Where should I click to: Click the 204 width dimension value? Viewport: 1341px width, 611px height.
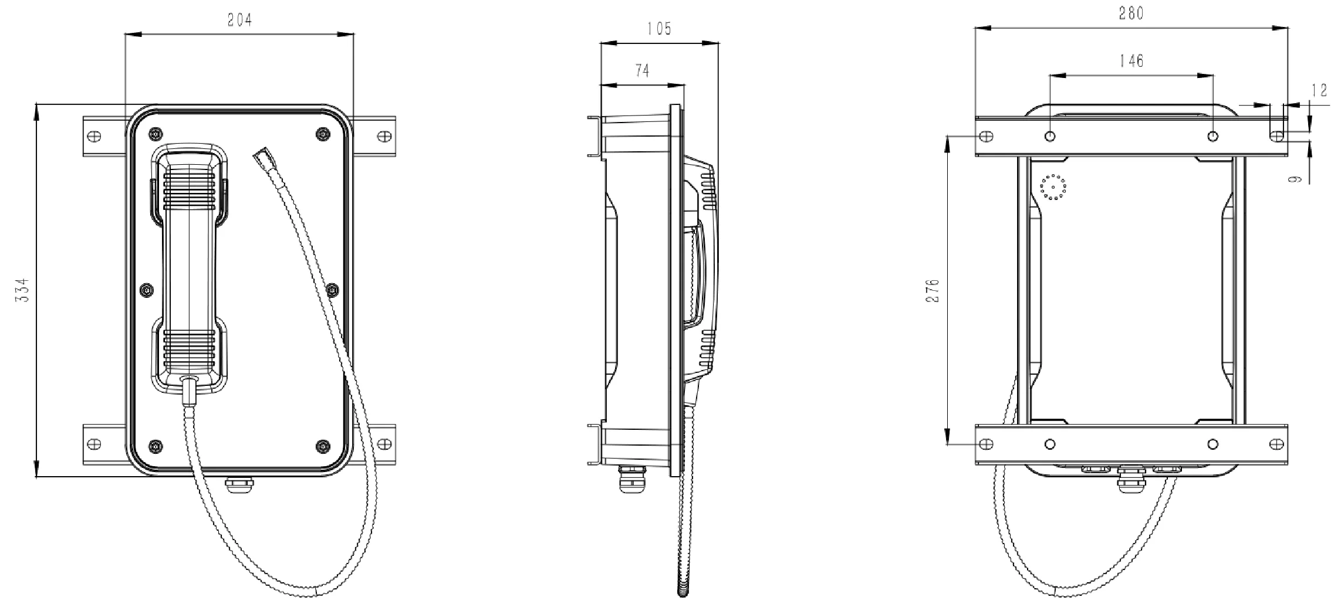point(239,20)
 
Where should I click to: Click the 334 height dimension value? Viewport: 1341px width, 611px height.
point(22,290)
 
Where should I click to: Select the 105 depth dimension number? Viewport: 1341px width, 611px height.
point(659,29)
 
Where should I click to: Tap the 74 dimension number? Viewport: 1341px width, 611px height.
point(642,71)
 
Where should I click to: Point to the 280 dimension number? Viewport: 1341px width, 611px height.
point(1131,13)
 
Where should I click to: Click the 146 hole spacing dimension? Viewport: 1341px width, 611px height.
point(1131,60)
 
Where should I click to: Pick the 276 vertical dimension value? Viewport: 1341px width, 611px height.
point(932,290)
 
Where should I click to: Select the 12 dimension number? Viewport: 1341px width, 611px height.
point(1319,90)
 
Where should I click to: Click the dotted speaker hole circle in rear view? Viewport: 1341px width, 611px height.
point(1053,187)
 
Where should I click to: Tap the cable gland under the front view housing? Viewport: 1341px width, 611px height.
point(239,484)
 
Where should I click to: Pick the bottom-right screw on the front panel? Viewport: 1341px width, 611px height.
point(322,446)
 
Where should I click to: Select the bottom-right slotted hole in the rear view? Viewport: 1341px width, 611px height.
point(1276,444)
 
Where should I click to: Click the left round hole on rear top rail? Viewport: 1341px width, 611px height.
point(1050,137)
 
